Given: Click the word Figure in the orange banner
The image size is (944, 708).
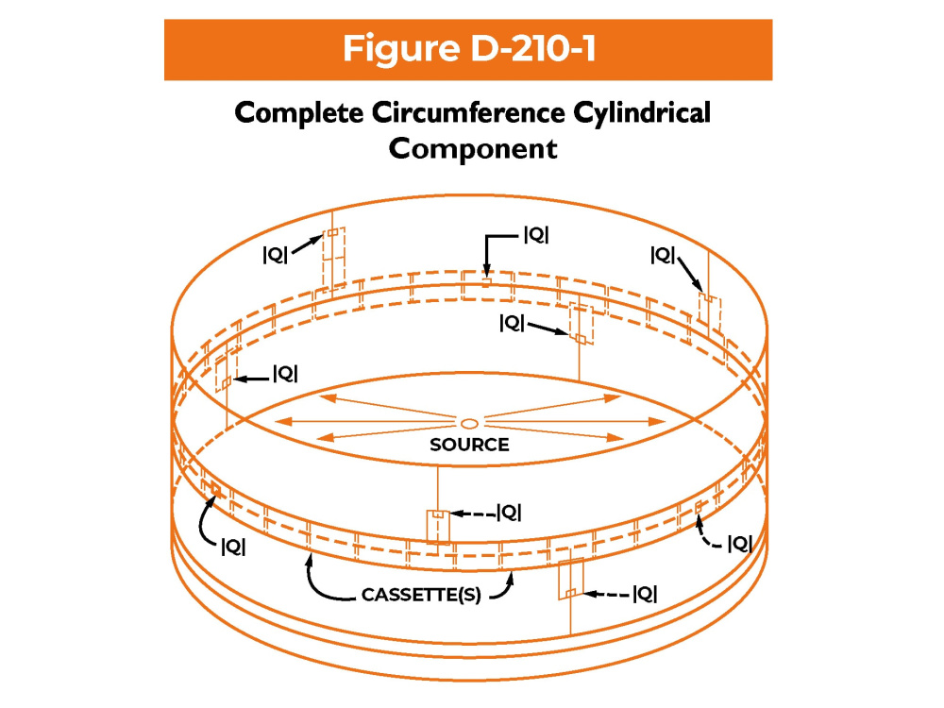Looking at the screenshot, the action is click(401, 49).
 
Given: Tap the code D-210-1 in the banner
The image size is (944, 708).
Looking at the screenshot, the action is click(533, 48).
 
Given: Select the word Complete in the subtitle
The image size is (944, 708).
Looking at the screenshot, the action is click(298, 114).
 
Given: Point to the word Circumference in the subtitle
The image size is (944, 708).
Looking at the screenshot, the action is click(468, 112).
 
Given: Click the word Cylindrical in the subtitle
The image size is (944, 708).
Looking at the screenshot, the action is click(642, 114).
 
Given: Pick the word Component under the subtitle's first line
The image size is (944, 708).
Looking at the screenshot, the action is click(473, 149).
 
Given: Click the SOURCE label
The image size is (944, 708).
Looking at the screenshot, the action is click(469, 445).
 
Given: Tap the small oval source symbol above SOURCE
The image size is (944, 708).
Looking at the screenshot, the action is click(469, 423).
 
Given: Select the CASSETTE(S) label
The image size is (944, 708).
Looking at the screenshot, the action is click(421, 595).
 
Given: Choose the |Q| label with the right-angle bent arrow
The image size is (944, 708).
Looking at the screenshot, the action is click(536, 235).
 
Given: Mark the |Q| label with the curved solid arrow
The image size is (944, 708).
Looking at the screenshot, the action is click(233, 547).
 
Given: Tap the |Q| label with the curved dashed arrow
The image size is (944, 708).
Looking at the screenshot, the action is click(739, 544).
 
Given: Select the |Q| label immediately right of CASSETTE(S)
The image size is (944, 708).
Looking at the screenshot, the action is click(645, 595).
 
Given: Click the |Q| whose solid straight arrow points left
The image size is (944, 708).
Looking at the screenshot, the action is click(285, 374).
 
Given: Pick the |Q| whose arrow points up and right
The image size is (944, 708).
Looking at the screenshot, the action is click(275, 255).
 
